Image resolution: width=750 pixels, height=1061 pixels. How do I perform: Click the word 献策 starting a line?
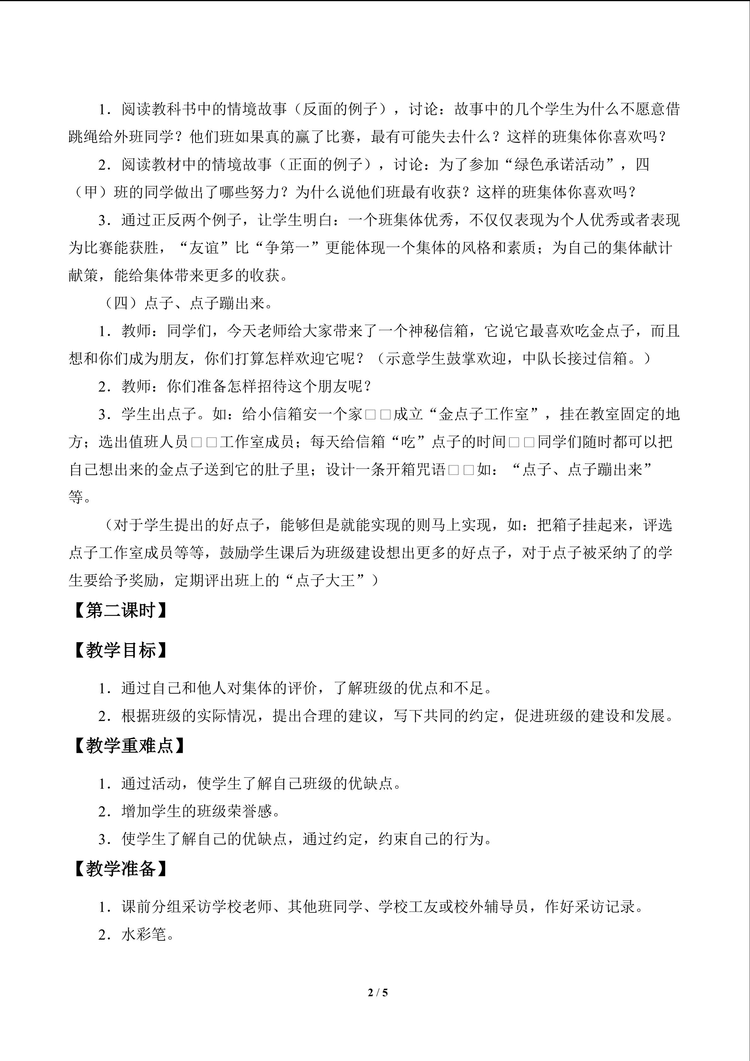pyautogui.click(x=83, y=275)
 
